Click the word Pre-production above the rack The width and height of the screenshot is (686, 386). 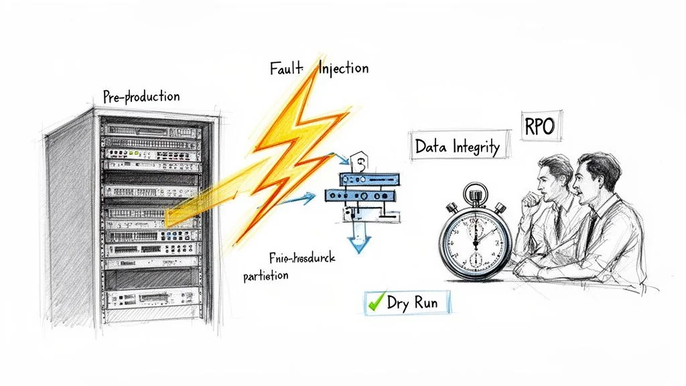[x=141, y=96]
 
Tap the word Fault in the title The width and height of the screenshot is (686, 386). [x=287, y=69]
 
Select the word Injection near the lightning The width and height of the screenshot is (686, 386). [x=343, y=68]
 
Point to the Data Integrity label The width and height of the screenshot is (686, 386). [x=458, y=146]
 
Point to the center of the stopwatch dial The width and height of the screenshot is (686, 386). [x=475, y=240]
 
